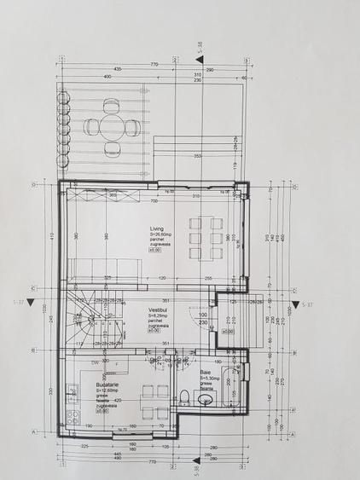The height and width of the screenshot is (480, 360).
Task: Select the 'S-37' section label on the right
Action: pyautogui.click(x=307, y=304)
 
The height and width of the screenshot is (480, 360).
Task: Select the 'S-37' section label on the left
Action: pyautogui.click(x=18, y=303)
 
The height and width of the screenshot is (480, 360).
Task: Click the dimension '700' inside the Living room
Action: pyautogui.click(x=155, y=201)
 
